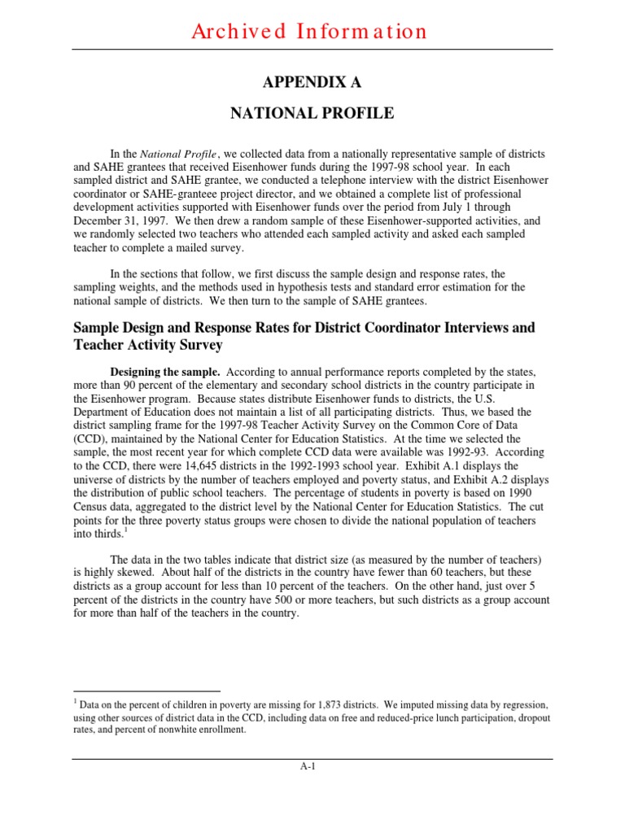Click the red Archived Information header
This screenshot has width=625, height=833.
309,32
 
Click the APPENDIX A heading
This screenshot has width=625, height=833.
309,83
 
